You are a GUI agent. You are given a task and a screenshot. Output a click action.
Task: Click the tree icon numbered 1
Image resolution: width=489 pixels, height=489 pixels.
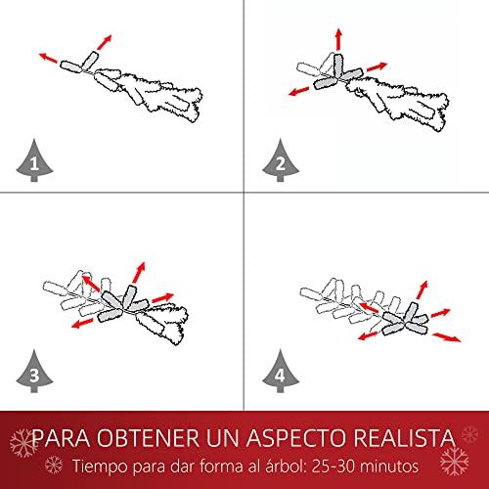click(x=34, y=161)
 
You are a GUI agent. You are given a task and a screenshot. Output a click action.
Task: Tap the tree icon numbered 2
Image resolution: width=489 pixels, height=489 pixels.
click(x=281, y=161)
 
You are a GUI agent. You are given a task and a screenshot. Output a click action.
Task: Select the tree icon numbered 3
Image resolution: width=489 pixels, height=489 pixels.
click(x=34, y=373)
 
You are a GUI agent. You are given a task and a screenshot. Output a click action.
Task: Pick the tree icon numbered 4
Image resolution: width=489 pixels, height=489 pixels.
click(x=281, y=373)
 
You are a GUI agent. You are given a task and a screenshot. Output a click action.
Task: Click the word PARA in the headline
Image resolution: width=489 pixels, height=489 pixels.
click(x=62, y=437)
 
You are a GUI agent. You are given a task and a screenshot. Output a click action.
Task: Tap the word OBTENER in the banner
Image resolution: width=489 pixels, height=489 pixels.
click(x=148, y=437)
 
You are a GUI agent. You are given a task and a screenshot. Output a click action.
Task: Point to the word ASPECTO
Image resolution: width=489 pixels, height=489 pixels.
click(x=295, y=437)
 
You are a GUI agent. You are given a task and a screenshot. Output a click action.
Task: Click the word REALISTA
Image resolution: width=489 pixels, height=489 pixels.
click(x=404, y=437)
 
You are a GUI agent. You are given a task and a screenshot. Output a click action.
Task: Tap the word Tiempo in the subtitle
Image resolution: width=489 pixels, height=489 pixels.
click(x=101, y=467)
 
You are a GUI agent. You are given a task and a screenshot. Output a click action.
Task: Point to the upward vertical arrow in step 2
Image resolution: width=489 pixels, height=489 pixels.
click(x=339, y=39)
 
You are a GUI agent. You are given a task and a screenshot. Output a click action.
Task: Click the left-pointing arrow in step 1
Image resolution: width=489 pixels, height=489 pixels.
click(x=49, y=58)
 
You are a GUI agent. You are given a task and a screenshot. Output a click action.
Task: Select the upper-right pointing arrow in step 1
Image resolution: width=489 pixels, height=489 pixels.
click(x=105, y=42)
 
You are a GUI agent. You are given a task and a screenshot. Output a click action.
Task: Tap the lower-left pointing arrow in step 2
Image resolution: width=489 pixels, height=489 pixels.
click(x=299, y=91)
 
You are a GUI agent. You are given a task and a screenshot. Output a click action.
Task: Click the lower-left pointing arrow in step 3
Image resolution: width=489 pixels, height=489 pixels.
click(x=82, y=324)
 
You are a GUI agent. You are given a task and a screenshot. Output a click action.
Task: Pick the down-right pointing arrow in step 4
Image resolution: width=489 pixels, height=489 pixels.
click(x=447, y=337)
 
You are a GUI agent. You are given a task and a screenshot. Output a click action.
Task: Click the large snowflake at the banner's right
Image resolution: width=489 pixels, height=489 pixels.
click(x=454, y=461)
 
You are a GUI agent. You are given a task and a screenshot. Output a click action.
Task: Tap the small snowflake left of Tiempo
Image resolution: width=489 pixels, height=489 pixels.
click(x=54, y=465)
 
